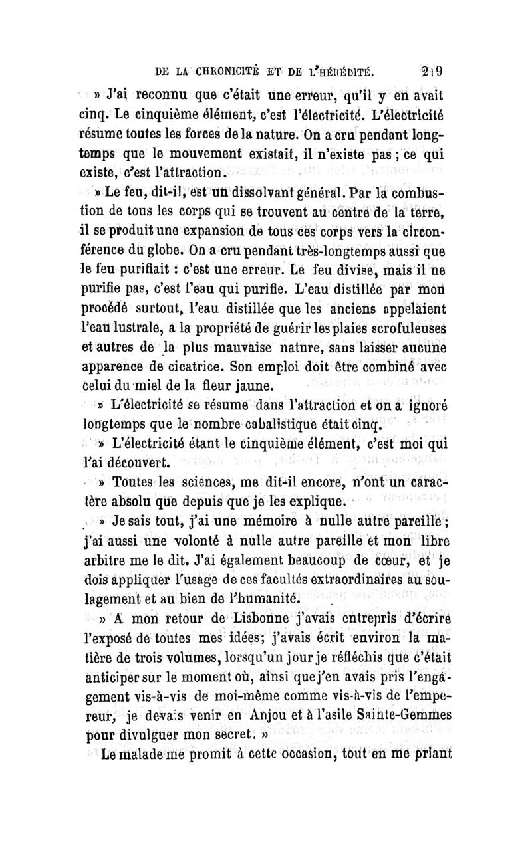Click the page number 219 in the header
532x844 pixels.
pyautogui.click(x=436, y=71)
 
